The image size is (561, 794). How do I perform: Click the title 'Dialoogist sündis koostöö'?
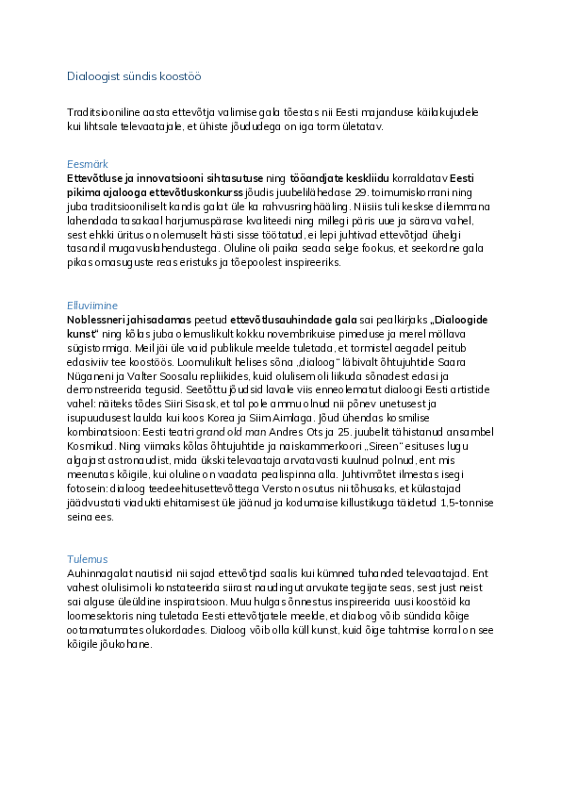(134, 75)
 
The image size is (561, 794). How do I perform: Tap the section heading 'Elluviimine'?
(91, 305)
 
